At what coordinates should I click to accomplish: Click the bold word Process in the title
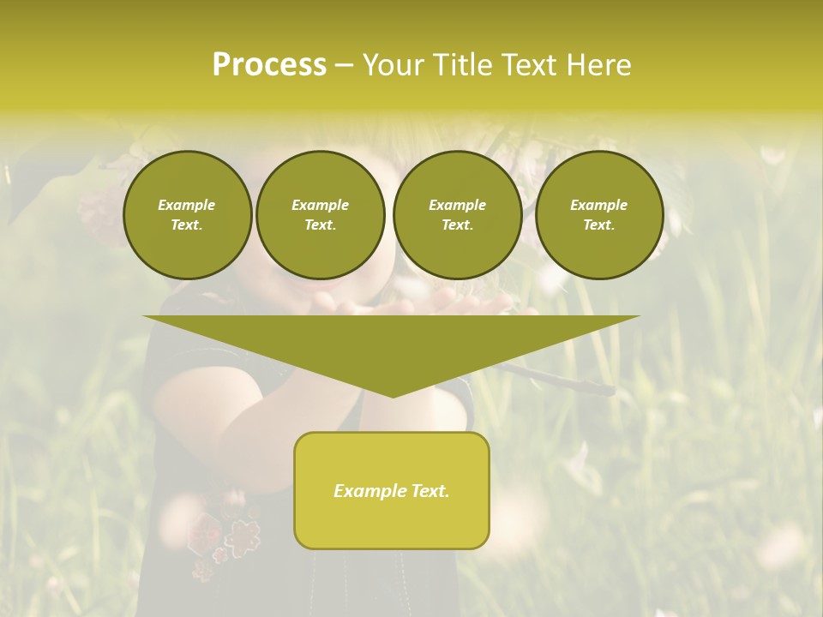[269, 65]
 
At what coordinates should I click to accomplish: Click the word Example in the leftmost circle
[187, 205]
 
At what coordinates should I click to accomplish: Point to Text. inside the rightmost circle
[599, 225]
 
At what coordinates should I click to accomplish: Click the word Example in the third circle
[457, 205]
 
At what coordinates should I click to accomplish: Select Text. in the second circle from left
[320, 225]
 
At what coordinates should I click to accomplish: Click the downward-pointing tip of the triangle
[393, 394]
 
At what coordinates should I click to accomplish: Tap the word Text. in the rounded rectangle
[430, 491]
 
